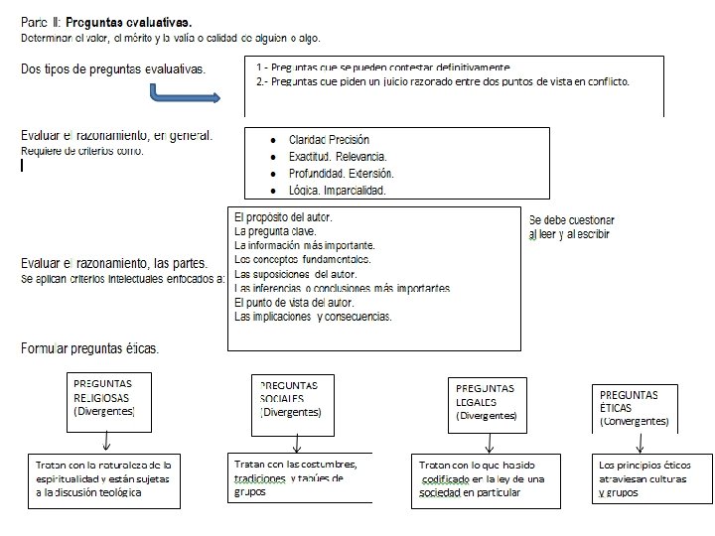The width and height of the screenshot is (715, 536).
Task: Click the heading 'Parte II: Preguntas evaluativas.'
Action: pos(107,21)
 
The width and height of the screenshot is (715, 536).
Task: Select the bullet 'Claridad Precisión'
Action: pos(329,140)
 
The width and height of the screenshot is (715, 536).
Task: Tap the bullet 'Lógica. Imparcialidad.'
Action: pos(337,190)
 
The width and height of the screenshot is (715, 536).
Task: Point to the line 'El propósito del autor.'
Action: pos(283,216)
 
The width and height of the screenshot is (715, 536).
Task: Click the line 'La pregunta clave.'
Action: pos(275,231)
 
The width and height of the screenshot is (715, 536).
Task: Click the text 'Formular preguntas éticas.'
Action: pos(90,348)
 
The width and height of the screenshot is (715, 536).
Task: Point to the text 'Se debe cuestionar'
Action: pos(572,219)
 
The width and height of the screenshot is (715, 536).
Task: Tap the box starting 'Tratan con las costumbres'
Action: pos(296,477)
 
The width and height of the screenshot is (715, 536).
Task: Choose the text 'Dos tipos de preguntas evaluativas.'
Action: pos(114,68)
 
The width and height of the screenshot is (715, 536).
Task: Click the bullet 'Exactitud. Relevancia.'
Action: pos(338,157)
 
